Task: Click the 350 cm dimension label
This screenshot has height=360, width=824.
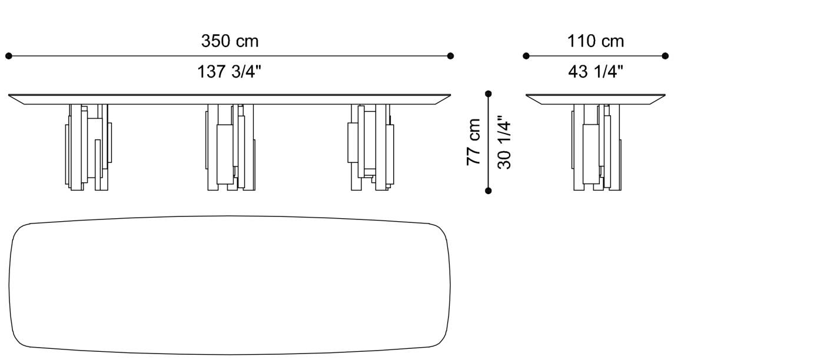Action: point(230,41)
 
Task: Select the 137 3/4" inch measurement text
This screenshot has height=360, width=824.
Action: point(230,72)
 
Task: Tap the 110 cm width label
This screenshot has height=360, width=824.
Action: point(596,41)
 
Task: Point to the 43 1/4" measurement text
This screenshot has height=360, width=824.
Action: point(596,72)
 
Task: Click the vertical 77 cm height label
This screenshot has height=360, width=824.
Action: point(474,142)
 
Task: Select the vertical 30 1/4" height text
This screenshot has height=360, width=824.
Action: point(504,142)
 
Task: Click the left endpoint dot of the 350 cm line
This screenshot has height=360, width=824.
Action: point(9,56)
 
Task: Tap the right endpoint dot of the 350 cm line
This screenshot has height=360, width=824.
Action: point(450,56)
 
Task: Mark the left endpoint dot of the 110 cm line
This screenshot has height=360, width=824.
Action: point(526,56)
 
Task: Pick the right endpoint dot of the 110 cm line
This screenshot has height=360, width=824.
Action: point(665,56)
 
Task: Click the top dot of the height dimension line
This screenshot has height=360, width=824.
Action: point(488,94)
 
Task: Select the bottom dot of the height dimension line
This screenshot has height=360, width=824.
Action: point(488,190)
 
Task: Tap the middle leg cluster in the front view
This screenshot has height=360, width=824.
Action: point(230,147)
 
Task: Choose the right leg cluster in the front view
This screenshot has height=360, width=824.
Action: point(369,147)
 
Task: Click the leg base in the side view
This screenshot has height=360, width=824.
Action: point(596,147)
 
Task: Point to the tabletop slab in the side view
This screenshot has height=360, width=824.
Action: point(596,99)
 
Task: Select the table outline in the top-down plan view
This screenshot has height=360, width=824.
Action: point(230,285)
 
